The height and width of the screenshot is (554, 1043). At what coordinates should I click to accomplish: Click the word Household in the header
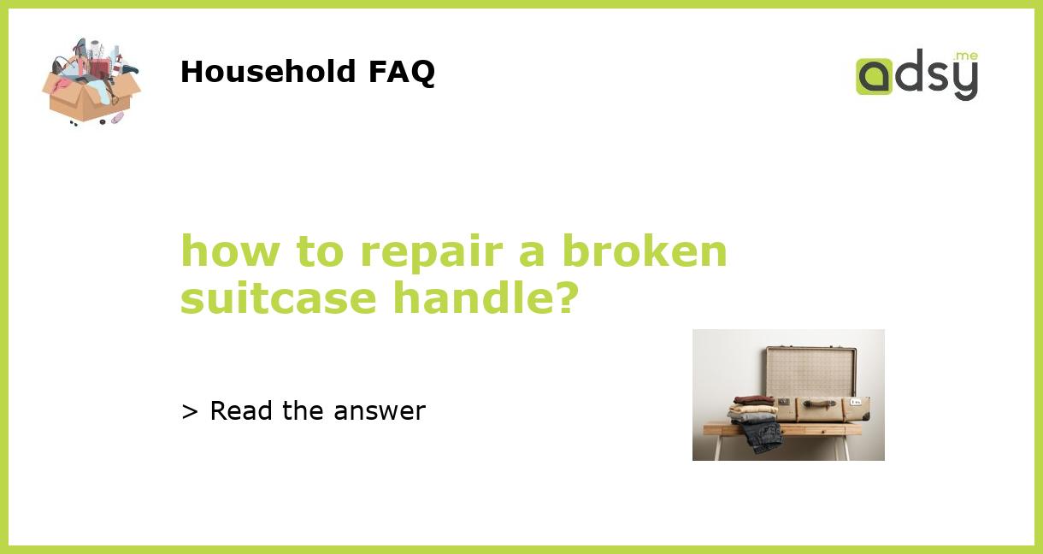[x=269, y=72]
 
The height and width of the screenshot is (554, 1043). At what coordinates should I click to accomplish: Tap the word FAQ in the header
[x=401, y=72]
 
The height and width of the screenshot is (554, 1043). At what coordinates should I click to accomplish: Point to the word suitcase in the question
[x=279, y=298]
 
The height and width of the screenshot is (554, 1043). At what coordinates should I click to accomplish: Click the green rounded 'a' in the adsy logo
[x=874, y=76]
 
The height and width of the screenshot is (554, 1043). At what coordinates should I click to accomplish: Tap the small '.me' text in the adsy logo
[x=965, y=56]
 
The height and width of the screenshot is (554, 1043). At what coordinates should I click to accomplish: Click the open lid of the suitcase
[x=810, y=372]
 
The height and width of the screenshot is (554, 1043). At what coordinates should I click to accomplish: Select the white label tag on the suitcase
[x=855, y=401]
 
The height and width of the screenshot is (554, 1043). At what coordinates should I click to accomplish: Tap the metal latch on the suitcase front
[x=784, y=401]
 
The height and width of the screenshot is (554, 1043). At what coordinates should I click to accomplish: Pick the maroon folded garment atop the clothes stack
[x=753, y=399]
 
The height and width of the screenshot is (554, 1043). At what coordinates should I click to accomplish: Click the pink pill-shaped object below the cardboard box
[x=116, y=117]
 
